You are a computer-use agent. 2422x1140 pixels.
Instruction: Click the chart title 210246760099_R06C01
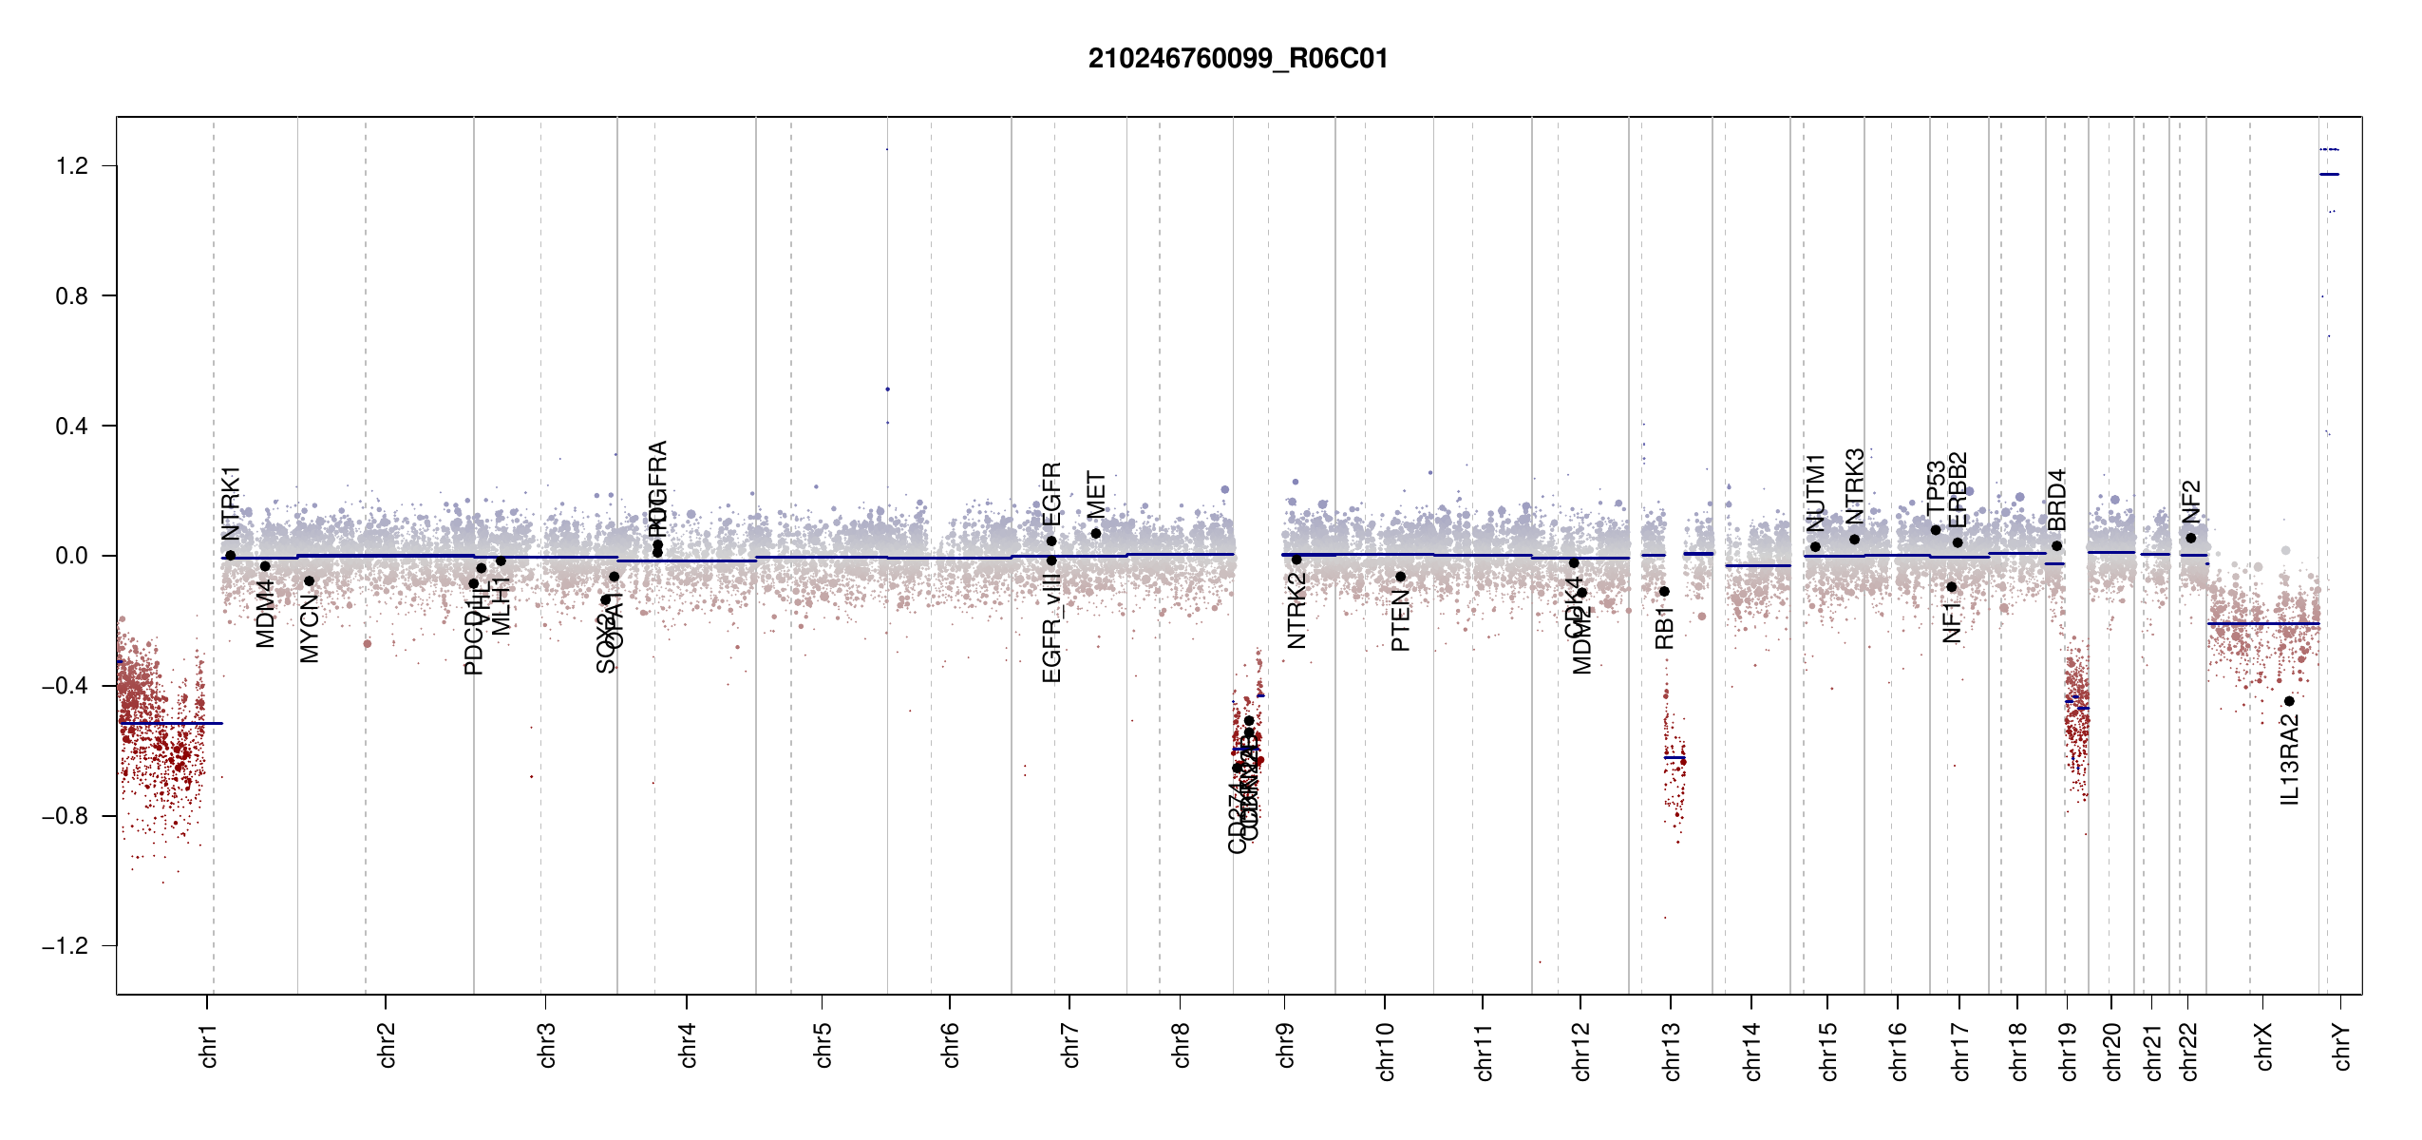pos(1238,59)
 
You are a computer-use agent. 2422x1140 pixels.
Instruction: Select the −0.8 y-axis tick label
pos(65,816)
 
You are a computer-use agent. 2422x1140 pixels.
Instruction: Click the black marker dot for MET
pos(1096,534)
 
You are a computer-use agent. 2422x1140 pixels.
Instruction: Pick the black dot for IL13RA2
pos(2289,701)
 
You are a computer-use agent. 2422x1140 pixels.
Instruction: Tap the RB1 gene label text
pos(1664,629)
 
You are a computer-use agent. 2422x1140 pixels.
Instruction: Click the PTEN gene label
pos(1400,620)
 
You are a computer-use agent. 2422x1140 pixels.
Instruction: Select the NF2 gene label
pos(2191,502)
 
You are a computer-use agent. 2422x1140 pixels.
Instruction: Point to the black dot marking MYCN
pos(309,581)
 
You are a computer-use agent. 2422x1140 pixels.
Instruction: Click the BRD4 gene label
pos(2056,500)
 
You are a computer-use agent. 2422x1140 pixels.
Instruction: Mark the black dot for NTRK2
pos(1296,560)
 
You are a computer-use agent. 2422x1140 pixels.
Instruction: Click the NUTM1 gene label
pos(1815,493)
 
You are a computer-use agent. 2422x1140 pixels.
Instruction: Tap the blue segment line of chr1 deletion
pos(171,723)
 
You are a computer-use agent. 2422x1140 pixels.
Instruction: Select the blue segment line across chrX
pos(2261,623)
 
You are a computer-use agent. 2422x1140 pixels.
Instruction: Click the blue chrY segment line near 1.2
pos(2329,174)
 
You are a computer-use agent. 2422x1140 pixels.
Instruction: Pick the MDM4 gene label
pos(266,614)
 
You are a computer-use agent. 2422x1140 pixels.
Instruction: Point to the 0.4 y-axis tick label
pos(72,426)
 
